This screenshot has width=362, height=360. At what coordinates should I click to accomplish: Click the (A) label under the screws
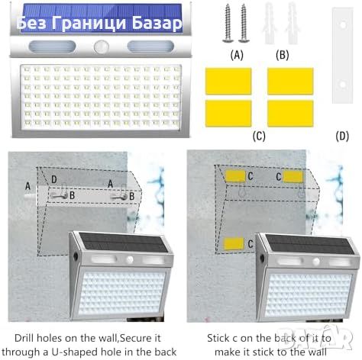pyautogui.click(x=237, y=55)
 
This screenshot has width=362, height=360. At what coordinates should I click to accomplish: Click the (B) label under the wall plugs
pyautogui.click(x=283, y=55)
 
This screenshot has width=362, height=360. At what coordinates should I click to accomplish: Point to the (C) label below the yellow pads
pyautogui.click(x=259, y=136)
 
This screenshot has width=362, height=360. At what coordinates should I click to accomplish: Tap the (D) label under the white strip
pyautogui.click(x=342, y=136)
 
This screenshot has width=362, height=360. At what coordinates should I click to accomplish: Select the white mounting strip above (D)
pyautogui.click(x=343, y=55)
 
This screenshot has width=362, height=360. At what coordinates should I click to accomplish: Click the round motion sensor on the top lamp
pyautogui.click(x=102, y=47)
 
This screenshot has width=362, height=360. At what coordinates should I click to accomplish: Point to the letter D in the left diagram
pyautogui.click(x=54, y=179)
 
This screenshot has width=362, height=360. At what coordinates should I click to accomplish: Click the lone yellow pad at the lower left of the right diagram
pyautogui.click(x=234, y=243)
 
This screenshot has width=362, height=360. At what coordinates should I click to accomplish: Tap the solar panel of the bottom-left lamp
pyautogui.click(x=124, y=243)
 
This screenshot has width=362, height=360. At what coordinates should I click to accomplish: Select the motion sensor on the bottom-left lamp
pyautogui.click(x=130, y=260)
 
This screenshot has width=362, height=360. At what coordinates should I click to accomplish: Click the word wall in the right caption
pyautogui.click(x=317, y=352)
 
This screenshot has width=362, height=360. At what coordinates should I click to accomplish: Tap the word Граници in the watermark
pyautogui.click(x=89, y=24)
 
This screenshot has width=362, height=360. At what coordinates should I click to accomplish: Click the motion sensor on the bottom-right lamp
pyautogui.click(x=316, y=262)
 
